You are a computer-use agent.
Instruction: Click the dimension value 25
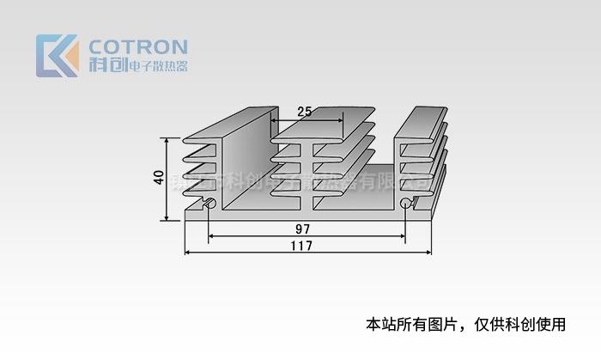pyautogui.click(x=305, y=112)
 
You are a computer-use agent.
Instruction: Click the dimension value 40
pyautogui.click(x=159, y=178)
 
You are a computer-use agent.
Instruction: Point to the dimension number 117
pyautogui.click(x=301, y=245)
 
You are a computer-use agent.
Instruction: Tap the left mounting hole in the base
pyautogui.click(x=209, y=204)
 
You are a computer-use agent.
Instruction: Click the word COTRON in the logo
pyautogui.click(x=138, y=46)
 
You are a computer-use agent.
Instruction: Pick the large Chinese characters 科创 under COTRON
pyautogui.click(x=107, y=66)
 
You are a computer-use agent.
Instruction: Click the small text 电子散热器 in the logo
pyautogui.click(x=157, y=66)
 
